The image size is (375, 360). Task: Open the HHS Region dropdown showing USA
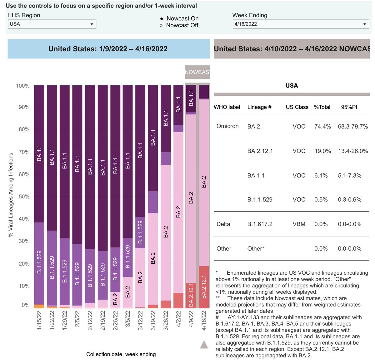pos(52,24)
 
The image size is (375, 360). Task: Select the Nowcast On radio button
pos(161,19)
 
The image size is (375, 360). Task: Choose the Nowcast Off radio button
pos(161,26)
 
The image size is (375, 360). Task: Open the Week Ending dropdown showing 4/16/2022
pos(301,24)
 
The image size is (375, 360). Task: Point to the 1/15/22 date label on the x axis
pos(39,320)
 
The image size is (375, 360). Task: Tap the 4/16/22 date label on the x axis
pos(204,320)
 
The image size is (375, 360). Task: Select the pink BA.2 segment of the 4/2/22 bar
pos(178,213)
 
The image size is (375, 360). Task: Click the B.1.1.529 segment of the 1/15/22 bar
pos(39,263)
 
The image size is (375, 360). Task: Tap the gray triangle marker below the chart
pos(204,345)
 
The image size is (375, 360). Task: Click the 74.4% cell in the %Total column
pos(322,127)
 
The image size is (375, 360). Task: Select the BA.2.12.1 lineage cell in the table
pos(260,151)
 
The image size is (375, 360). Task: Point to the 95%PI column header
pos(349,107)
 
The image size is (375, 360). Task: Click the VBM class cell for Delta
pos(299,224)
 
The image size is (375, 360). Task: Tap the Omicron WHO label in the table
pos(227,126)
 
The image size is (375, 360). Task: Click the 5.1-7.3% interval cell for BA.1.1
pos(349,176)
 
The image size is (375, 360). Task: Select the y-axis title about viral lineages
pos(11,195)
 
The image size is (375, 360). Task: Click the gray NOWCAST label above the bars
pos(197,72)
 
